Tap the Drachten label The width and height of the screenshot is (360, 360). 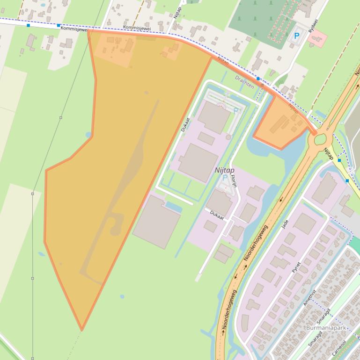244,82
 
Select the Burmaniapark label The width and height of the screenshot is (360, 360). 325,328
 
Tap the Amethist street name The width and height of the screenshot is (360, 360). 309,298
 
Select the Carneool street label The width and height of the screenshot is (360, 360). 339,348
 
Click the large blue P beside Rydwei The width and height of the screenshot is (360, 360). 296,36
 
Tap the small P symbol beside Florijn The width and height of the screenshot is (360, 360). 225,178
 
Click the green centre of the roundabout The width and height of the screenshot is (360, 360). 320,139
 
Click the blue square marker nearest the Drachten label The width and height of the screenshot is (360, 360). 258,79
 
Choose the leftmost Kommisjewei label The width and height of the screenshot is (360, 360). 73,29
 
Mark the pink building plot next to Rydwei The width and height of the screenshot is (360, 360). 318,36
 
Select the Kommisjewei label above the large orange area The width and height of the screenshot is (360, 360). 137,28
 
